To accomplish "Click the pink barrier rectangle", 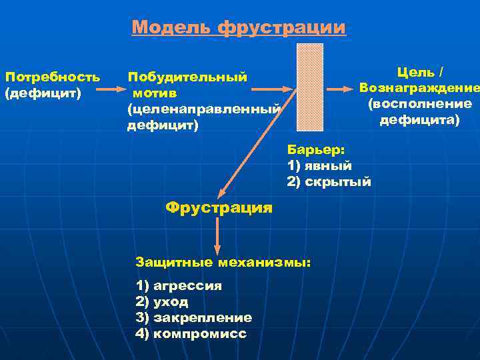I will coord(310,87).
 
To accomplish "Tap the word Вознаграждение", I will coord(419,87).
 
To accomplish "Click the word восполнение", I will coord(419,104).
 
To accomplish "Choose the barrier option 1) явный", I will coord(319,166).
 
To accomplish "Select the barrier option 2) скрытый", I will coord(329,182).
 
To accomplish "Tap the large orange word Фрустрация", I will coord(219,207).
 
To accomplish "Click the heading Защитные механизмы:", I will coord(223,262).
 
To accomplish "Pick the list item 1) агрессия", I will coord(179,286).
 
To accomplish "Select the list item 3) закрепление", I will coord(193,318).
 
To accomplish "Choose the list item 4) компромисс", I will coord(191,334).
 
